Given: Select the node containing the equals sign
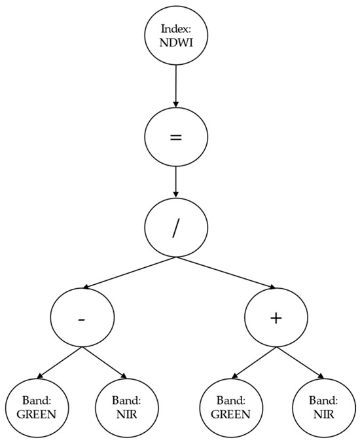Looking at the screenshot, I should [175, 139].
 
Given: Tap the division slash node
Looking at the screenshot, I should [175, 230].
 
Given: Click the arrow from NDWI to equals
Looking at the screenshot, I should [175, 85].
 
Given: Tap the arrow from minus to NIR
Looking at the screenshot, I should [105, 363].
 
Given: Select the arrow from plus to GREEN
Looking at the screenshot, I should [252, 363].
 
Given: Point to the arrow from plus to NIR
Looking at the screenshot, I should [300, 363].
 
